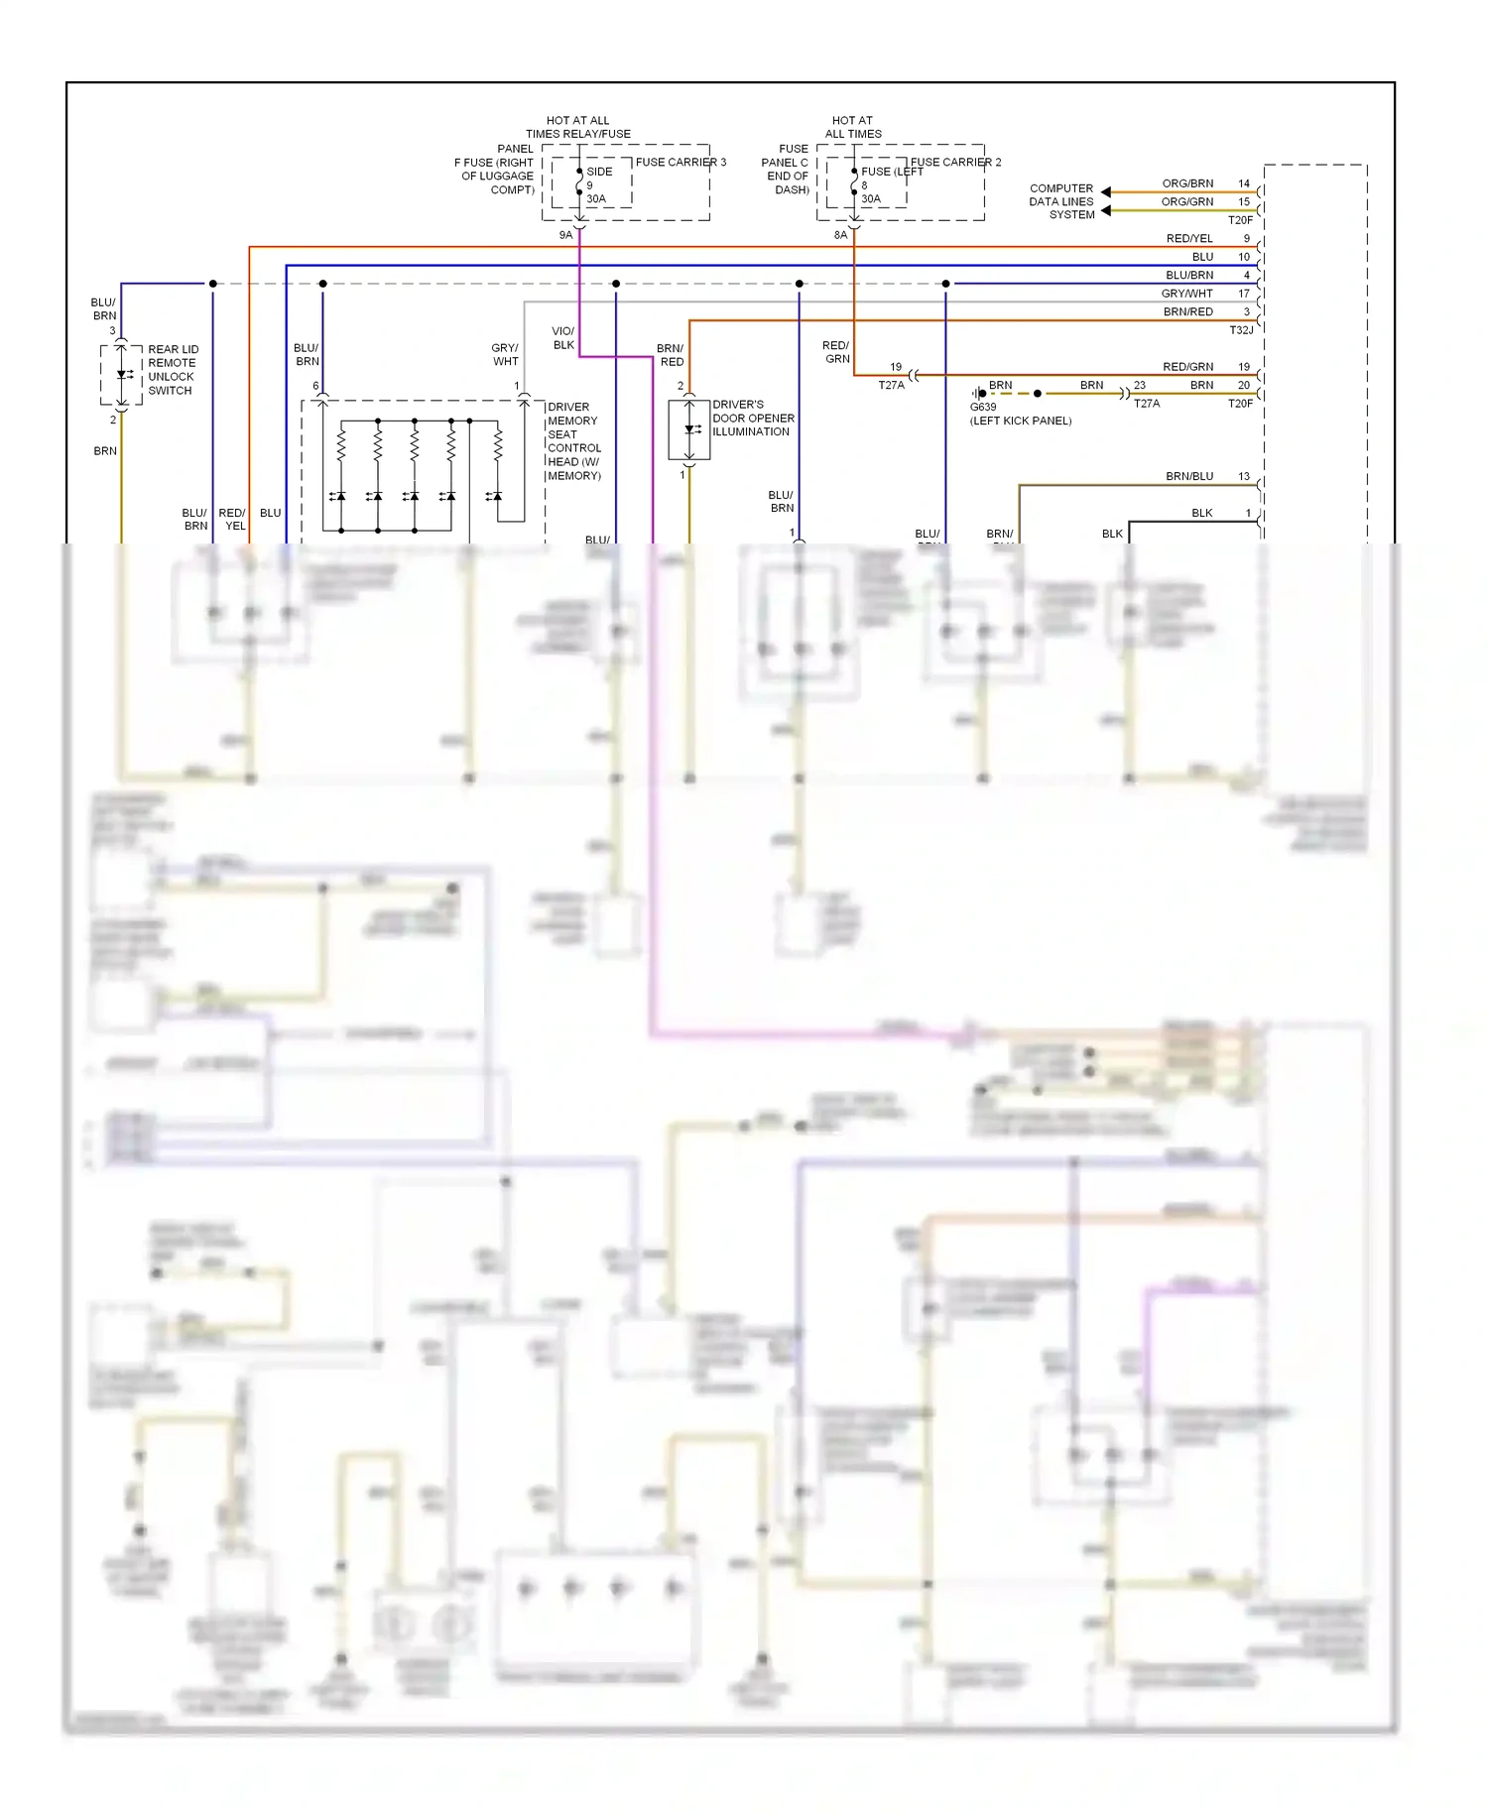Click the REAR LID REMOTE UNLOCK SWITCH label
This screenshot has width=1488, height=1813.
coord(173,370)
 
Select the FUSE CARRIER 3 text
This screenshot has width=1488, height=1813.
coord(681,162)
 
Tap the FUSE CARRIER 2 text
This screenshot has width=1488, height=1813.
coord(955,162)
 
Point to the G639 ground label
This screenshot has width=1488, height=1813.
coord(982,407)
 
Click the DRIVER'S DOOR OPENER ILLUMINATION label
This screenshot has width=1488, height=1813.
coord(753,419)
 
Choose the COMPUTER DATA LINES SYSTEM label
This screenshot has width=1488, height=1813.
coord(1061,201)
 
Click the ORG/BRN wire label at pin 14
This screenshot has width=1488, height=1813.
coord(1187,183)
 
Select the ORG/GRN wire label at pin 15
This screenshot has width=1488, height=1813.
coord(1187,201)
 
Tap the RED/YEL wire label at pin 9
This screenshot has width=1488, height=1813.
coord(1189,238)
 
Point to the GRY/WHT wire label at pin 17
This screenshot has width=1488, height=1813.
coord(1186,294)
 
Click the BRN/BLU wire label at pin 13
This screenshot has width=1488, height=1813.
coord(1189,476)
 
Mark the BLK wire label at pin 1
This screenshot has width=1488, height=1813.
coord(1201,513)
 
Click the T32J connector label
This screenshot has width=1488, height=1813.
coord(1241,330)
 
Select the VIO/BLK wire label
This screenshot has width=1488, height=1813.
coord(563,338)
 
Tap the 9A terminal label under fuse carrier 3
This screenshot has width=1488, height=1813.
coord(565,235)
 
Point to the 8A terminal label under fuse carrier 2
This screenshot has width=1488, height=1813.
coord(840,235)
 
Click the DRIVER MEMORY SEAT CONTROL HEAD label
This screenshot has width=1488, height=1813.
coord(573,441)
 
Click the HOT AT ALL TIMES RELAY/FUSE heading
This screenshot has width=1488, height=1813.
coord(578,127)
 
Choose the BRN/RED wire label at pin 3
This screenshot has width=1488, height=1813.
coord(1187,311)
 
